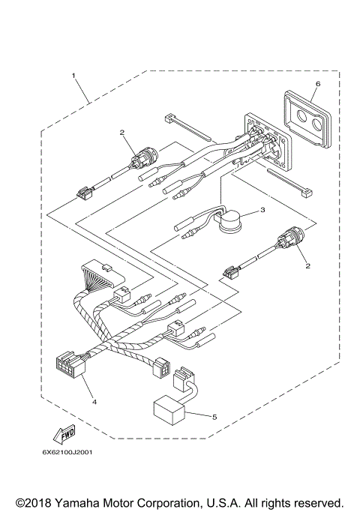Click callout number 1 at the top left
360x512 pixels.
click(73, 76)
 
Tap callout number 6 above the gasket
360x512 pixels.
click(317, 84)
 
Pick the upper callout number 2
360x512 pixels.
click(121, 133)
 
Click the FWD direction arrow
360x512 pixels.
click(63, 433)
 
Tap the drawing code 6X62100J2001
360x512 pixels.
click(68, 451)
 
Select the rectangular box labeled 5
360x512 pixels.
click(170, 409)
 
